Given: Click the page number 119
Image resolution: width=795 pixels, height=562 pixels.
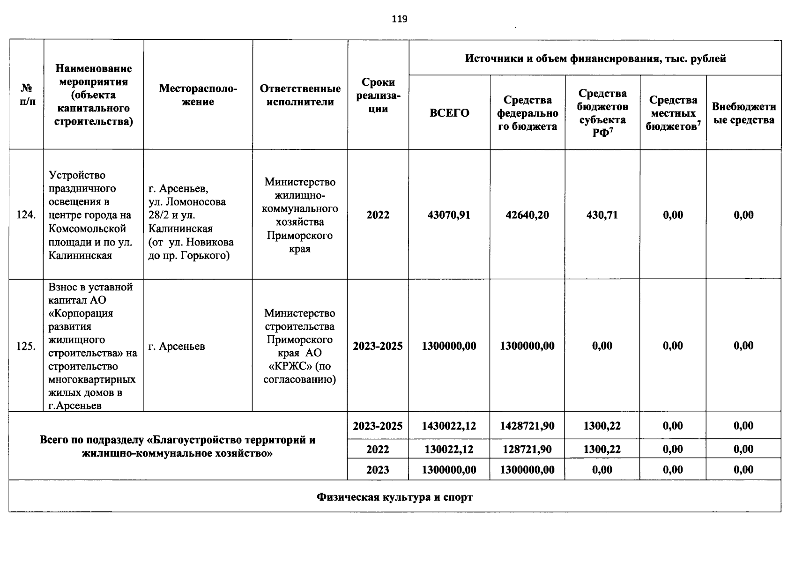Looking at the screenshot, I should click(400, 19).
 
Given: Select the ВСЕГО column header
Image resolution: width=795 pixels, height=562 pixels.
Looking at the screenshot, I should click(449, 113).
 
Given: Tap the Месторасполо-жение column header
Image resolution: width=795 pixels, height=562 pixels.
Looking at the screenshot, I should click(198, 95).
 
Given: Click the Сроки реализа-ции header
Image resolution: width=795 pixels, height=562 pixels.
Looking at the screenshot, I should click(378, 95).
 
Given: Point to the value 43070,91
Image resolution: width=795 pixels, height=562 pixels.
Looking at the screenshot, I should click(449, 215).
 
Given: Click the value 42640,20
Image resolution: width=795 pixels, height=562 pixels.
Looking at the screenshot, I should click(527, 215).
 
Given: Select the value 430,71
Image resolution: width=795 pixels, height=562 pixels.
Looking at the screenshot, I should click(602, 215).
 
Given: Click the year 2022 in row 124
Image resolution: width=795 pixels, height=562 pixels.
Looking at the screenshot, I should click(378, 215).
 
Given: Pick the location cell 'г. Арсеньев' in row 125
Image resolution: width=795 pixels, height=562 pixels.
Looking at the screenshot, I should click(177, 347).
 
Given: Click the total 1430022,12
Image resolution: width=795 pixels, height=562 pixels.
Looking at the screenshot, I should click(449, 426).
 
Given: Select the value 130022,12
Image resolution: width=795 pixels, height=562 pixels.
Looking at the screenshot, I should click(449, 450).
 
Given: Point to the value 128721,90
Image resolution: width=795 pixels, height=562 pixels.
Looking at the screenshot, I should click(527, 450).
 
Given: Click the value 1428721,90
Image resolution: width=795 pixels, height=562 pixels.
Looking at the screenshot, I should click(527, 426).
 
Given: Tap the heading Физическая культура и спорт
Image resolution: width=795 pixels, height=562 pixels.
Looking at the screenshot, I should click(394, 497).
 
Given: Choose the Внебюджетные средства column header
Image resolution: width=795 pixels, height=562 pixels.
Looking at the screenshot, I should click(743, 113).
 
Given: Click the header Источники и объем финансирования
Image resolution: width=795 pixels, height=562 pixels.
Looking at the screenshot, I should click(595, 59).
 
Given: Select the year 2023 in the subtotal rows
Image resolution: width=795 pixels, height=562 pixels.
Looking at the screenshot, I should click(378, 470).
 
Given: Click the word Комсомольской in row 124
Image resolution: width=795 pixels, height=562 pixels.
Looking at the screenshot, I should click(88, 229).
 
